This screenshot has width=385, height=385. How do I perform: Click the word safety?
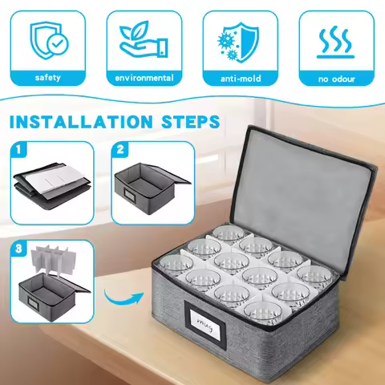pyautogui.click(x=48, y=78)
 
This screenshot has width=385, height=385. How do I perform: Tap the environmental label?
pyautogui.click(x=144, y=78)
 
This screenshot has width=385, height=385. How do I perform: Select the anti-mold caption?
pyautogui.click(x=241, y=79)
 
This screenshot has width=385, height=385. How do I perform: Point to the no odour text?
pyautogui.click(x=336, y=79)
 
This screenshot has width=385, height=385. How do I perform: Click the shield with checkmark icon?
pyautogui.click(x=49, y=41)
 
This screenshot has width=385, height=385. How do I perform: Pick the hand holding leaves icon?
pyautogui.click(x=144, y=39)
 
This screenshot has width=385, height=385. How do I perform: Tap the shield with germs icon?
pyautogui.click(x=238, y=42)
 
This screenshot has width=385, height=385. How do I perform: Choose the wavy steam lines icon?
pyautogui.click(x=335, y=43)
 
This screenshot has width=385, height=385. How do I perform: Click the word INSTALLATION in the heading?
pyautogui.click(x=81, y=122)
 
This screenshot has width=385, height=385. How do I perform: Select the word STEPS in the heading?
pyautogui.click(x=191, y=122)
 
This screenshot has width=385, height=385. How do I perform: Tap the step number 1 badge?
pyautogui.click(x=18, y=149)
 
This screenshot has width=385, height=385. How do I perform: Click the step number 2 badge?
pyautogui.click(x=120, y=149)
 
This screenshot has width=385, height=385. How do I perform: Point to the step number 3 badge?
pyautogui.click(x=18, y=249)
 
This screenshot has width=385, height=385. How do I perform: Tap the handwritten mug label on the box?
pyautogui.click(x=205, y=324)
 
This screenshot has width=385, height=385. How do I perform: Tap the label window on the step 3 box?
pyautogui.click(x=34, y=304)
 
